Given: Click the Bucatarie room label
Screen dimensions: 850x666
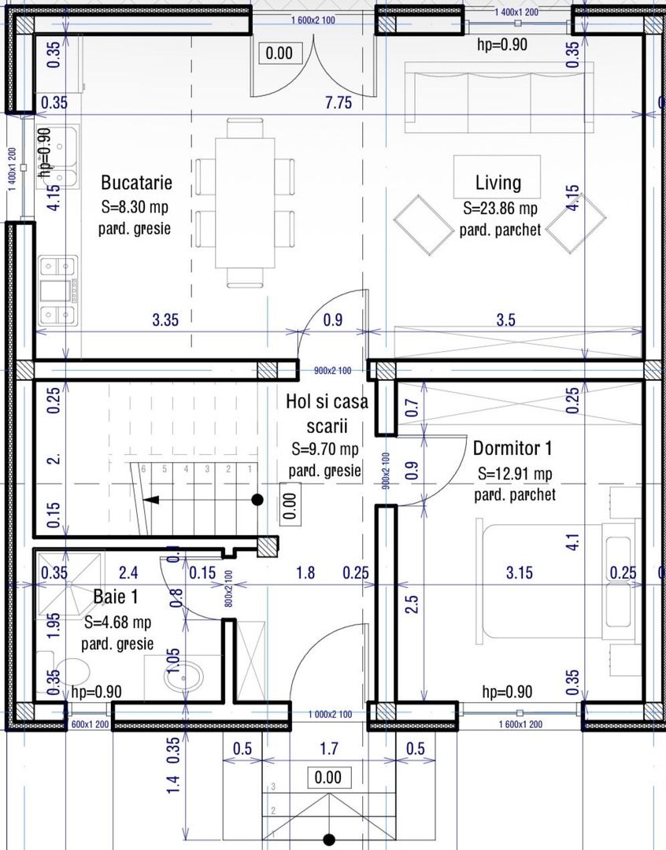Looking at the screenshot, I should [136, 183].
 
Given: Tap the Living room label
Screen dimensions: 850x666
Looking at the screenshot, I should [498, 183].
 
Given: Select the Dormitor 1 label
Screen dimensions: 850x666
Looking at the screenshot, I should [512, 449].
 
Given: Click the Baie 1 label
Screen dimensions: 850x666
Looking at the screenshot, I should [115, 597].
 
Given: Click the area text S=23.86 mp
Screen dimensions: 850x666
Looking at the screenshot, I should [500, 209].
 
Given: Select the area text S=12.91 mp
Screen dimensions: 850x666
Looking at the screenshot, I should [516, 475].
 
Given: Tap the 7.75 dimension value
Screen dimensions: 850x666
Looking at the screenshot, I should [339, 102].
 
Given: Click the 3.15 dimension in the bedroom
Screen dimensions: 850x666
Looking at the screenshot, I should [519, 573].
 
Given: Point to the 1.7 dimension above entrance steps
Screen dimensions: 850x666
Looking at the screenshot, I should [330, 748].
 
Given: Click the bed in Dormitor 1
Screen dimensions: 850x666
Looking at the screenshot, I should [543, 578].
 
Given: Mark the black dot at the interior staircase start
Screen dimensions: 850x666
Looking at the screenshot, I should [257, 499].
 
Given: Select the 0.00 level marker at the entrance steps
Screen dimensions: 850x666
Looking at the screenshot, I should [327, 778].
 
